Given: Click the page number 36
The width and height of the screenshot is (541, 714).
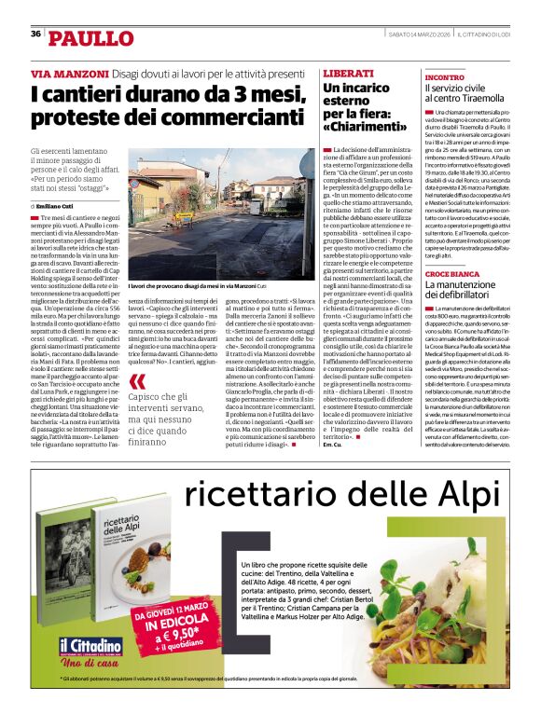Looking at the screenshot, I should coord(35,34).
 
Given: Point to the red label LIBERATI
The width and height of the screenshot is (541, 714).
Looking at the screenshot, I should coord(348,73).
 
